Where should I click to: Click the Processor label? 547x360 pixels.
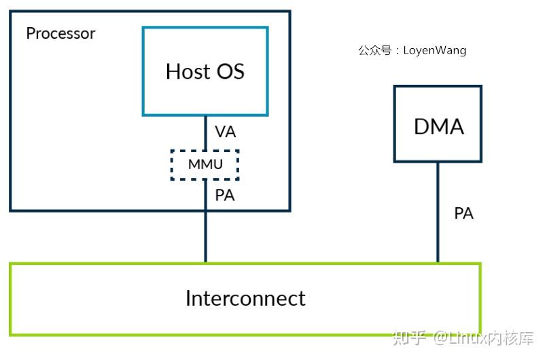[60, 33]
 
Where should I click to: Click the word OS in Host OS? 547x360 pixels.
[231, 71]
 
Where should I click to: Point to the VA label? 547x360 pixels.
[225, 132]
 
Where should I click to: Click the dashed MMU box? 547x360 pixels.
[205, 164]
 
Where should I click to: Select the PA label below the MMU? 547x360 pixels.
[225, 196]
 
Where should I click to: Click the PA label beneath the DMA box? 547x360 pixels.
[463, 213]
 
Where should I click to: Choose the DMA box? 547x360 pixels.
[438, 124]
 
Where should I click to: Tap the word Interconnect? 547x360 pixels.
[245, 298]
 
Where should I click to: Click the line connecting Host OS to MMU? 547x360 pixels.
[205, 132]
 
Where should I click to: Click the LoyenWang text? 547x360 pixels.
[435, 50]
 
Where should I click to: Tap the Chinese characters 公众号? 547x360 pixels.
[374, 50]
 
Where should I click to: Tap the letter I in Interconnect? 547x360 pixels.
[189, 298]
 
